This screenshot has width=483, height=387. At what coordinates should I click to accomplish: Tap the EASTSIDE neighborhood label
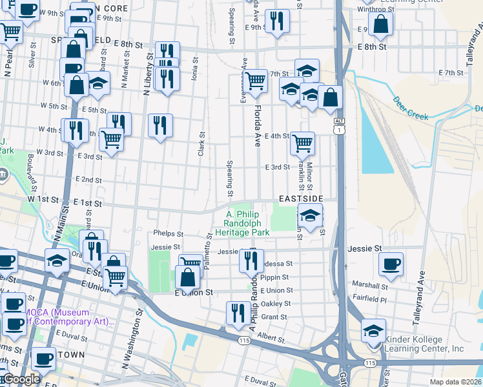point(299,199)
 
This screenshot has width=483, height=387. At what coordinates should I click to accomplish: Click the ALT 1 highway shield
point(339,126)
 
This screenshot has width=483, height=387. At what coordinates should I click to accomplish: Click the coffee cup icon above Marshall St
point(391,263)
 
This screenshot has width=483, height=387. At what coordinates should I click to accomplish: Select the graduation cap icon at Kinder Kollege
point(373,330)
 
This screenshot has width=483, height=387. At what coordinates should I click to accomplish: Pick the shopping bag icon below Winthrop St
point(381,25)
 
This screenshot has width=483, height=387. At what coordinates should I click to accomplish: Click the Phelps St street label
point(169,234)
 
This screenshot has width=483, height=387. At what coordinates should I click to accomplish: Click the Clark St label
point(201,143)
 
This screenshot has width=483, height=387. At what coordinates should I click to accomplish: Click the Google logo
point(21,379)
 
